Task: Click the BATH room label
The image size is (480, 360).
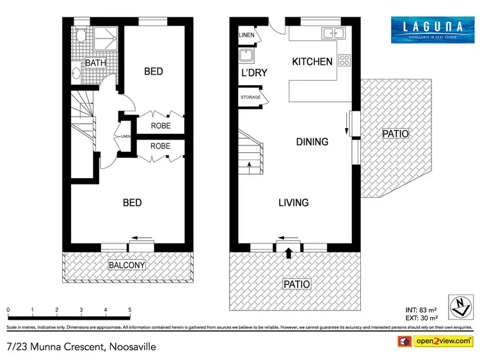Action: [95, 63]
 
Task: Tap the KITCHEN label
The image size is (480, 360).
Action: [312, 62]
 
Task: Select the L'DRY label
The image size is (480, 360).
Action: [253, 74]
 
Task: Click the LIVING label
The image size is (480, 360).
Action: [293, 202]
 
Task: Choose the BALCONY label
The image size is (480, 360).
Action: [127, 265]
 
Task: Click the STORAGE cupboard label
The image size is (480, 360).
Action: [250, 97]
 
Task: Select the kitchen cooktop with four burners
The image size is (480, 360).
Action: [345, 60]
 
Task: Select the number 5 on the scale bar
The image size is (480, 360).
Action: [130, 309]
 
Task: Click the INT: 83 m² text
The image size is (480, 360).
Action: [420, 310]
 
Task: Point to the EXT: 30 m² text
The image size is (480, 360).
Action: [420, 318]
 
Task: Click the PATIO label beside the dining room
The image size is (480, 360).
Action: [395, 134]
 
